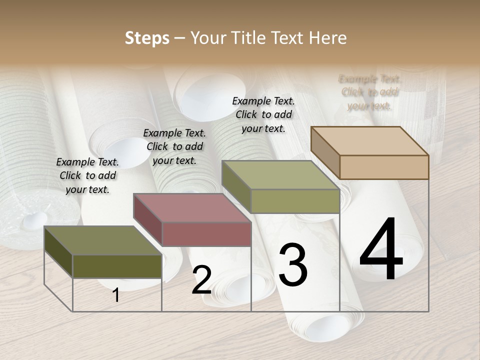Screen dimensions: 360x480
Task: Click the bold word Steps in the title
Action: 147,38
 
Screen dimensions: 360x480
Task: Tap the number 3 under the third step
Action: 292,265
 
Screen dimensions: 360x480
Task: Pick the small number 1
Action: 115,295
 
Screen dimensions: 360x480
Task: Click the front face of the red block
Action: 206,234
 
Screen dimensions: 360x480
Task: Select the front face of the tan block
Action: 384,167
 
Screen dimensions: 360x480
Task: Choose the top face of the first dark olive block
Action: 103,240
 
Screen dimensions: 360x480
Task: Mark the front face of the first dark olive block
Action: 117,266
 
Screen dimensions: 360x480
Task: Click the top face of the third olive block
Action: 280,175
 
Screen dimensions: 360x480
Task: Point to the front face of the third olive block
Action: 295,201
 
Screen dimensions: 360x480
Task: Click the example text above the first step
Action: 87,175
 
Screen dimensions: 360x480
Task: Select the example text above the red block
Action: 174,146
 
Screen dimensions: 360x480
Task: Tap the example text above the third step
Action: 263,114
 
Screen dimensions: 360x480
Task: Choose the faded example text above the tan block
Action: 369,92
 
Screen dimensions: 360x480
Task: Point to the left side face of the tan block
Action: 325,152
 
